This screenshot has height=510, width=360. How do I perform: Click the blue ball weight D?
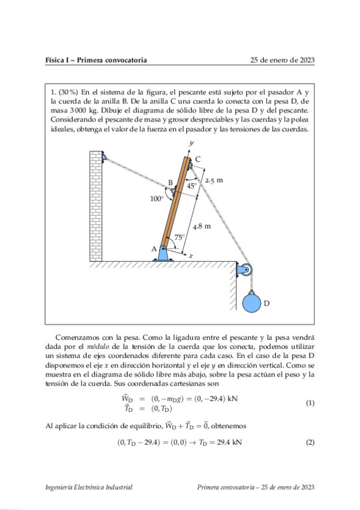click(252, 302)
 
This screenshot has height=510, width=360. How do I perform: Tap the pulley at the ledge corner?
click(245, 271)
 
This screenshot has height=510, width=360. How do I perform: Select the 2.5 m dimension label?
click(214, 180)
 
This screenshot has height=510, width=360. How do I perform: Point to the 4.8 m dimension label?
click(201, 226)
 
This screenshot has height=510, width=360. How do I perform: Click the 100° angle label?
click(156, 198)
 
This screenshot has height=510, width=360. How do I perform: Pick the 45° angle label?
click(191, 186)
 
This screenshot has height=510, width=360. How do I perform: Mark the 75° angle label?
click(179, 237)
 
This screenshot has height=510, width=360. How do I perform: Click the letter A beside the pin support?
click(154, 248)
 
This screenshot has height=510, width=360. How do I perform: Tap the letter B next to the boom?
click(171, 182)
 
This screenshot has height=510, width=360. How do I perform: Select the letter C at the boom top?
click(198, 158)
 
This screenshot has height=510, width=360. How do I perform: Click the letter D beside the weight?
click(266, 304)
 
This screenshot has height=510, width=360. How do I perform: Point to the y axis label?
click(191, 143)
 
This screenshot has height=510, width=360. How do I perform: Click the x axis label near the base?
click(191, 256)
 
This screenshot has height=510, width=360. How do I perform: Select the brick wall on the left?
click(96, 204)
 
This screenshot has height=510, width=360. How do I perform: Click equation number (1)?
click(310, 402)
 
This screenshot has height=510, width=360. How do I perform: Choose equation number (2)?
click(310, 443)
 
